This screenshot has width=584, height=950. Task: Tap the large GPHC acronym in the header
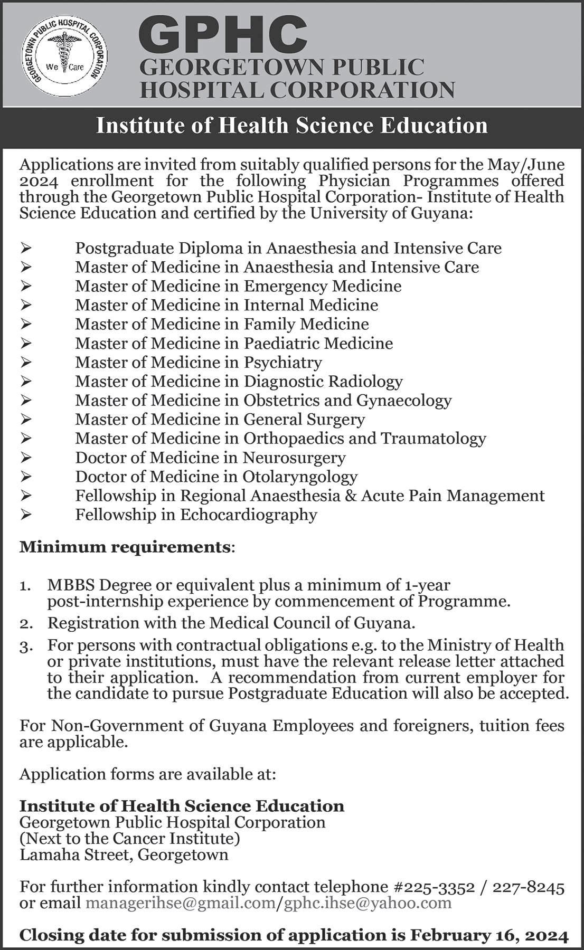(x=223, y=33)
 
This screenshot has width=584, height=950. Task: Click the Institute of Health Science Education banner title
(x=291, y=126)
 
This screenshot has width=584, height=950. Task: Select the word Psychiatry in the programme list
(x=282, y=363)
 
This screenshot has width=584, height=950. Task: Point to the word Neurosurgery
(x=294, y=458)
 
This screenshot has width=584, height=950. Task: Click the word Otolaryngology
(x=300, y=477)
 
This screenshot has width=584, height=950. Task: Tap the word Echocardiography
(x=249, y=515)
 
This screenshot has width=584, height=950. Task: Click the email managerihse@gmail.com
(x=181, y=903)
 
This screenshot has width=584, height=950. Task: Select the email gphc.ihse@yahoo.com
(x=368, y=903)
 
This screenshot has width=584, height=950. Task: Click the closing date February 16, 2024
(x=489, y=936)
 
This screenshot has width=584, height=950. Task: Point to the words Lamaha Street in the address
(x=74, y=854)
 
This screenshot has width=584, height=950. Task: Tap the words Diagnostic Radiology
(x=323, y=382)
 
